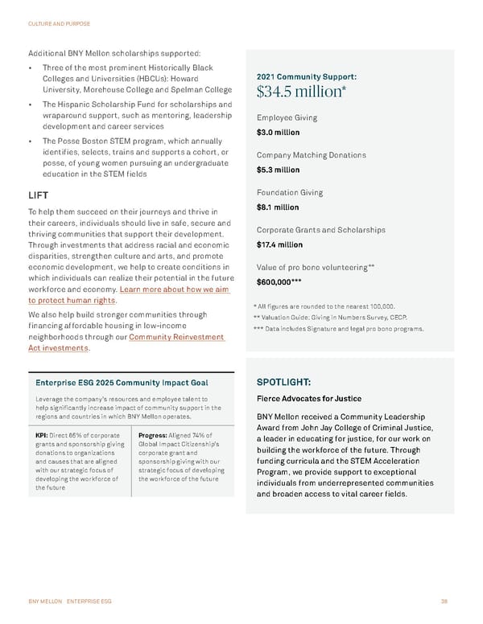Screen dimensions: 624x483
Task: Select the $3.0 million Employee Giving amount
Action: coord(278,133)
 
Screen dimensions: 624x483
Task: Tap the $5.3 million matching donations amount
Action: coord(278,170)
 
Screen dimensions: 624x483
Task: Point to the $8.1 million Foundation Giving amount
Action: coord(278,207)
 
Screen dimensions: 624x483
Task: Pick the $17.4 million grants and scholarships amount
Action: coord(279,244)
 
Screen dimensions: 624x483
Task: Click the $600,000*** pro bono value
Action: coord(279,282)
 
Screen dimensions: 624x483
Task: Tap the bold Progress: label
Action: coord(155,437)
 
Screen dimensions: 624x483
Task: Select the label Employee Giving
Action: coord(287,117)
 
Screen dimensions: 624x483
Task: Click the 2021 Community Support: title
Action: coord(307,77)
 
